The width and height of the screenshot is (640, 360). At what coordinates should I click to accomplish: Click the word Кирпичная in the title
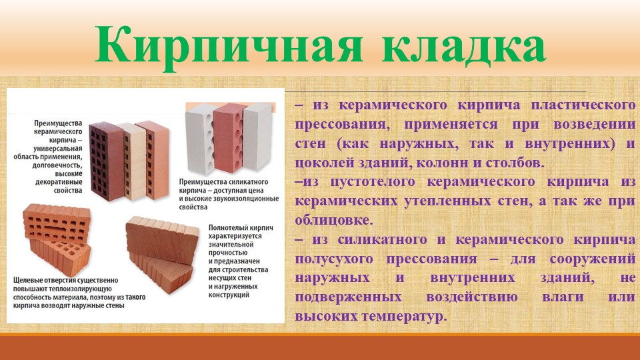click(229, 46)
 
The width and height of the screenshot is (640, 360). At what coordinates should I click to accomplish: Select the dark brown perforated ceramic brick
click(106, 161)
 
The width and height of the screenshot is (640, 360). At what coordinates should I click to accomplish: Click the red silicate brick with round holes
click(229, 137)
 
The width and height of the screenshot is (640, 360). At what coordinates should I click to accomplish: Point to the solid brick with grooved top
click(161, 253)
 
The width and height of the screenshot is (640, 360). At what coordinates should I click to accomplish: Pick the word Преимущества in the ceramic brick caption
click(58, 123)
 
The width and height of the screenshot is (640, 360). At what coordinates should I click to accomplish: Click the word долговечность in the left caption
click(57, 165)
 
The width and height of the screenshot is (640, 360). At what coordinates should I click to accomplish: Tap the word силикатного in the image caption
click(248, 182)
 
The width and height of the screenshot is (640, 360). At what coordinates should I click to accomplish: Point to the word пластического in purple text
click(583, 105)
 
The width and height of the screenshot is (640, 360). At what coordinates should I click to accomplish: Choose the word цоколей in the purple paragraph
click(325, 163)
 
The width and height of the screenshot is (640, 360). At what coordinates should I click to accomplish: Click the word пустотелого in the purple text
click(372, 182)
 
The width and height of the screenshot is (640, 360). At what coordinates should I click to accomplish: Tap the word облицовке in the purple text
click(334, 221)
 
